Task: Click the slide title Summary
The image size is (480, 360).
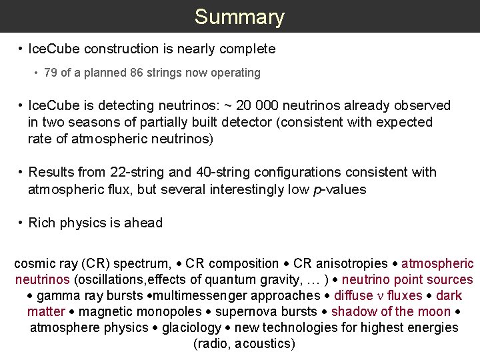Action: point(239,17)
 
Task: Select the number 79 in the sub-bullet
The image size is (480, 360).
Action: point(51,73)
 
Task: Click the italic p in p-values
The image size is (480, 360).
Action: point(316,190)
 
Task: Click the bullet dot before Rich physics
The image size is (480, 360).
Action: point(22,223)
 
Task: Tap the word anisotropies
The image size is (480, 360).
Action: point(353,264)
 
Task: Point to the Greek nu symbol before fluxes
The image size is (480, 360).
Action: point(379,296)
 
